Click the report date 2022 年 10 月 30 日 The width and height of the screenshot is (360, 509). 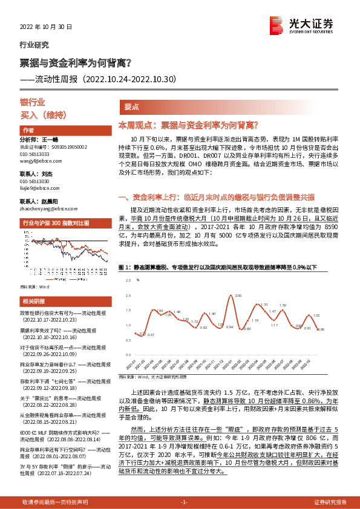pyautogui.click(x=46, y=27)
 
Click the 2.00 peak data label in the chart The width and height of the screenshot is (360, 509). pyautogui.click(x=238, y=296)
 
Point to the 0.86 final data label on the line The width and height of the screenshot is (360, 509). pyautogui.click(x=321, y=329)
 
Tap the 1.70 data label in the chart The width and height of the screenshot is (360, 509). pyautogui.click(x=264, y=305)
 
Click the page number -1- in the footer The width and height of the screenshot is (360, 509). pyautogui.click(x=185, y=502)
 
